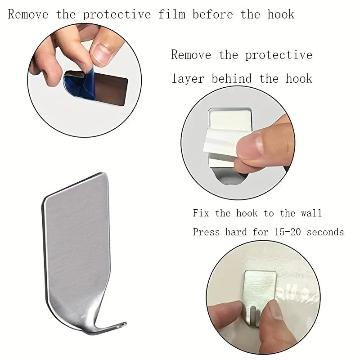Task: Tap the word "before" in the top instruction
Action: pyautogui.click(x=212, y=14)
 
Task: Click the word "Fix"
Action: pyautogui.click(x=201, y=213)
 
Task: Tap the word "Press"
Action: pyautogui.click(x=207, y=232)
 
